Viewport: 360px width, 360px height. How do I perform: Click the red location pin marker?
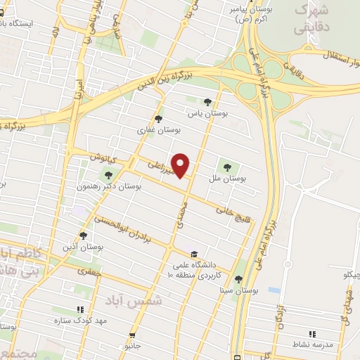(181, 165)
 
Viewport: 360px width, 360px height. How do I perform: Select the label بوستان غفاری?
(159, 130)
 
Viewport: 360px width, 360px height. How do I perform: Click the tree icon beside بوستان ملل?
(226, 167)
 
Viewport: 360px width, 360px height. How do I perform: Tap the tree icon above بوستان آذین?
(83, 236)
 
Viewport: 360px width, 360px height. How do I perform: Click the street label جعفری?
(91, 270)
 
